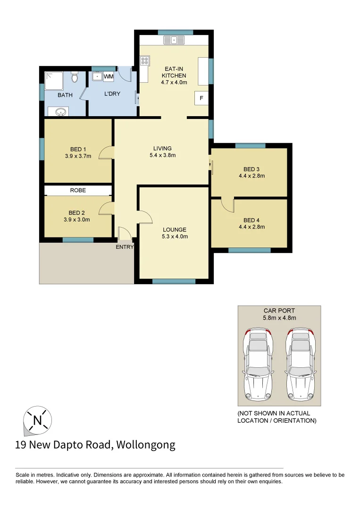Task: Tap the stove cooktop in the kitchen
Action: [144, 60]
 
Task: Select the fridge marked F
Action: [201, 98]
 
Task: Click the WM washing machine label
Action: [109, 76]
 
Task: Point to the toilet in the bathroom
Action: [74, 76]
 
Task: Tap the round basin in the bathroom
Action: [60, 112]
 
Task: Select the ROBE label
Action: [78, 190]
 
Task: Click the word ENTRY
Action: [125, 246]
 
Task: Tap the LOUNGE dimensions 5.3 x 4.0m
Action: [175, 237]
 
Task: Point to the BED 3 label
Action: [251, 169]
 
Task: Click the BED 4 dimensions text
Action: [251, 227]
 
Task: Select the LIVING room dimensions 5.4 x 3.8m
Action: [162, 155]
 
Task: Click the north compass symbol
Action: [37, 419]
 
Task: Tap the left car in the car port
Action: [258, 365]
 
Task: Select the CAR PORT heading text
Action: [279, 311]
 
